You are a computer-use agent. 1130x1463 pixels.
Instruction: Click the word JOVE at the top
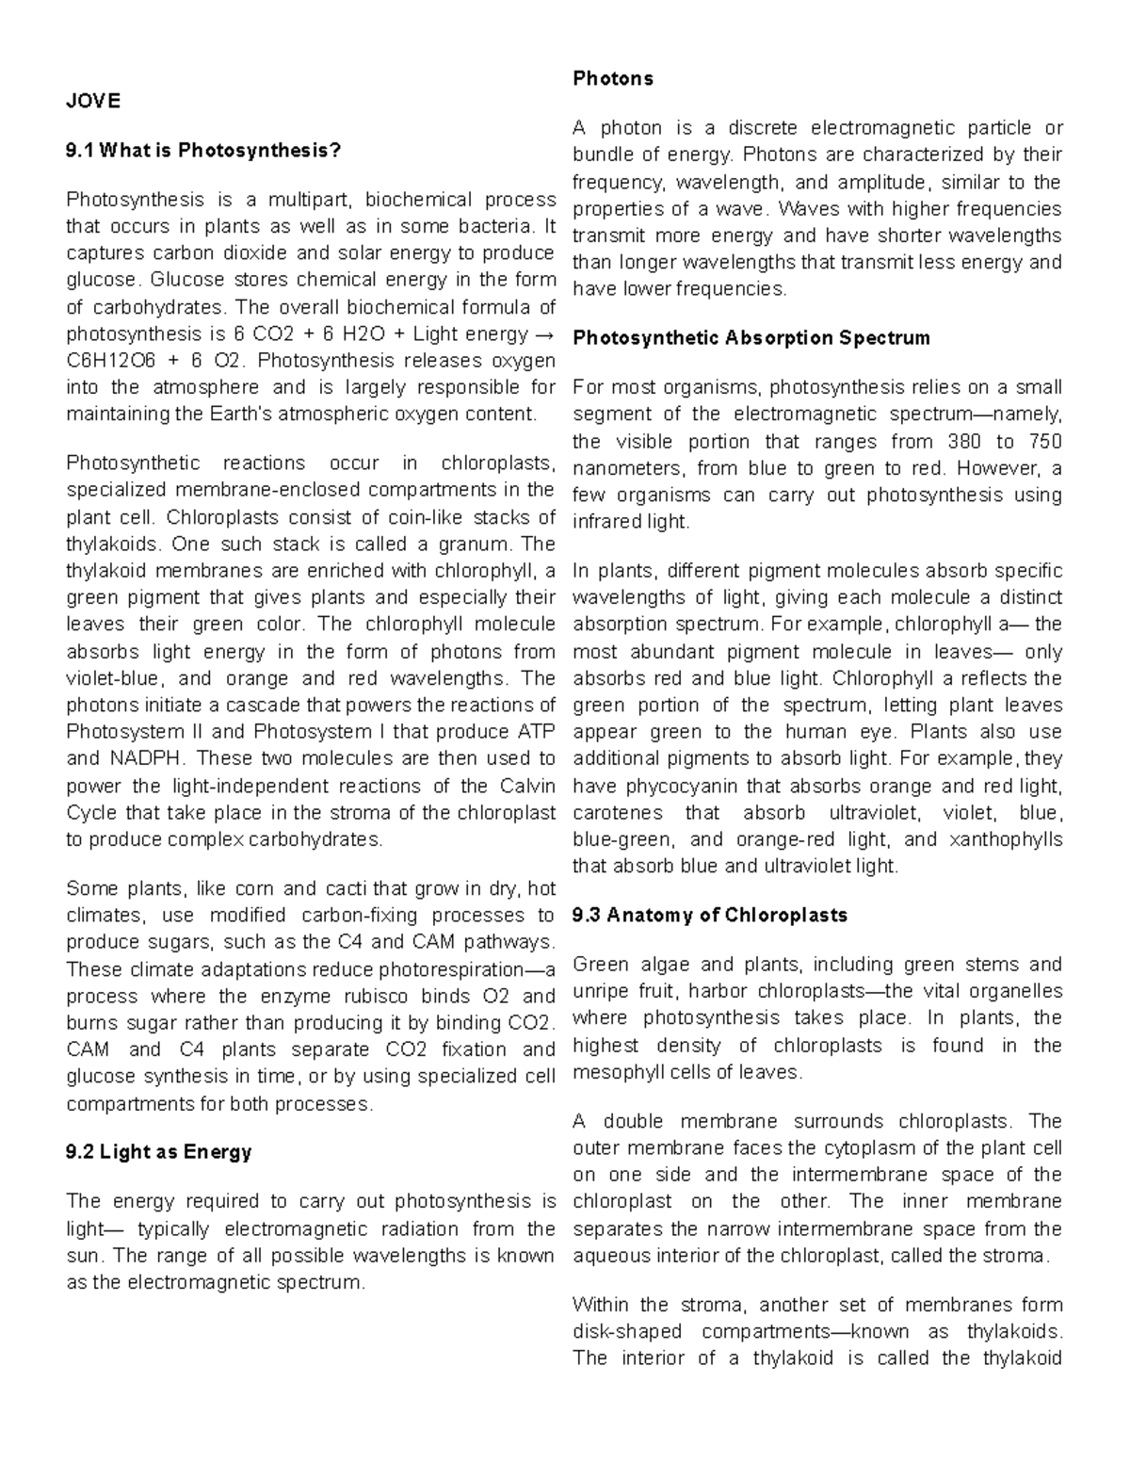pyautogui.click(x=93, y=101)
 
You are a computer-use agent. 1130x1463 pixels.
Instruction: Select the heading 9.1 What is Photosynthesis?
pyautogui.click(x=202, y=150)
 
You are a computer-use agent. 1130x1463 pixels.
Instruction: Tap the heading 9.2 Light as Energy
pyautogui.click(x=159, y=1151)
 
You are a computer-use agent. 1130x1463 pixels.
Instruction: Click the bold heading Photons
pyautogui.click(x=613, y=78)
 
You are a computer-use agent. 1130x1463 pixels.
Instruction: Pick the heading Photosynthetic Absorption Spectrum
pyautogui.click(x=751, y=337)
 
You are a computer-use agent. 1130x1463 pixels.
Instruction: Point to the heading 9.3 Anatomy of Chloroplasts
pyautogui.click(x=710, y=915)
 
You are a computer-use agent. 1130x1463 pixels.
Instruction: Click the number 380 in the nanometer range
pyautogui.click(x=952, y=441)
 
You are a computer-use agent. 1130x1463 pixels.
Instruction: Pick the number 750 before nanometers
pyautogui.click(x=1041, y=441)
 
